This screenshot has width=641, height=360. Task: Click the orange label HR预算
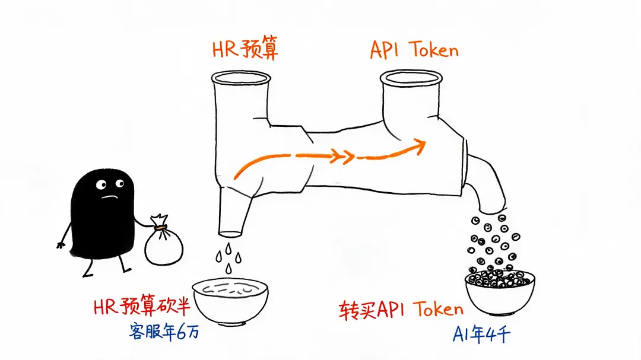coord(245,49)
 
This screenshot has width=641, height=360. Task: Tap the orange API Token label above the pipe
coord(414,50)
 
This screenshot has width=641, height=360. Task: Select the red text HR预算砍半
coord(142,307)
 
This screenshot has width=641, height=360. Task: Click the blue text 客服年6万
coord(164,330)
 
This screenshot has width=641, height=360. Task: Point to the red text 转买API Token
coord(401,310)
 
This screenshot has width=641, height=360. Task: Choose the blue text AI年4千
coord(481,334)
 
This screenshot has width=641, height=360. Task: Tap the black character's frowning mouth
coord(110,197)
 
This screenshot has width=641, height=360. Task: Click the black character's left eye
coord(100,185)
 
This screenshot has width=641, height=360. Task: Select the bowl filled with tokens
coord(500,291)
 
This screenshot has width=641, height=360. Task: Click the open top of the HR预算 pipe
coord(241,78)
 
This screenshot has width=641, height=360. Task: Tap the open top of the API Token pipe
coord(411,78)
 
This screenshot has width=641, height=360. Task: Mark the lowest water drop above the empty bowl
coord(229,268)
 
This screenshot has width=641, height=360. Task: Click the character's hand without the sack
coord(61,245)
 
